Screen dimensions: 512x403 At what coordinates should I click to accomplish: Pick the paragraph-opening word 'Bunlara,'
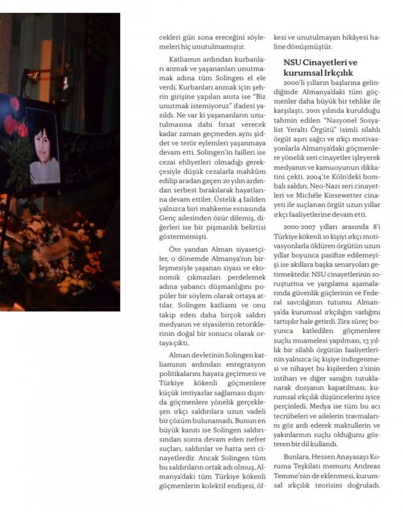tap(298, 456)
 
